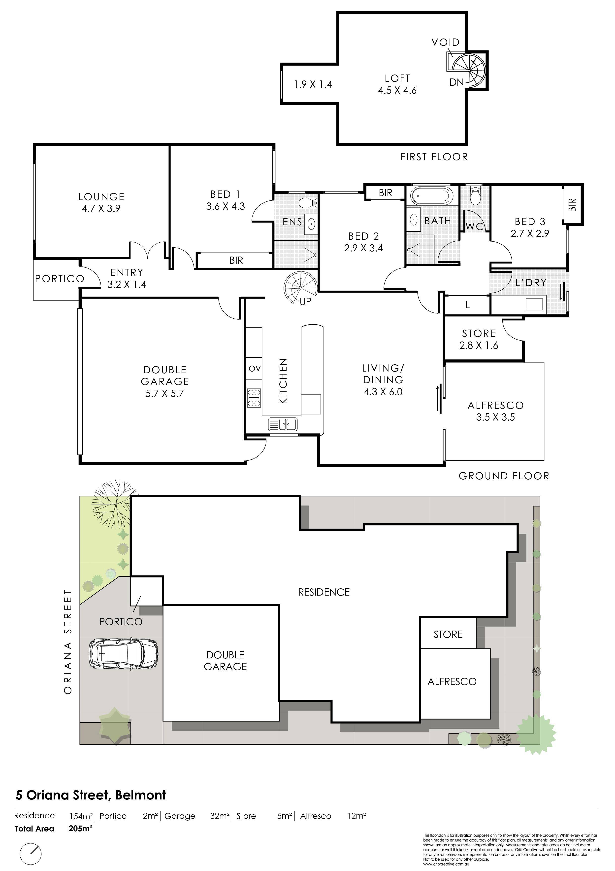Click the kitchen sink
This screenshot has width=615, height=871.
coord(283,424)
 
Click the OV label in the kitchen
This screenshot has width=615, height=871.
coord(255,368)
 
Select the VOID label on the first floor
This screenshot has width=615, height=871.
coord(446,42)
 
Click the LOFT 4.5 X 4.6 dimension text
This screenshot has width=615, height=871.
coord(397,90)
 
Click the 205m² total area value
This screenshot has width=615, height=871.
coord(81,828)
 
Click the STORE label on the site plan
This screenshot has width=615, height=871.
coord(448,634)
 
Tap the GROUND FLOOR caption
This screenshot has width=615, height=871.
coord(504,476)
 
